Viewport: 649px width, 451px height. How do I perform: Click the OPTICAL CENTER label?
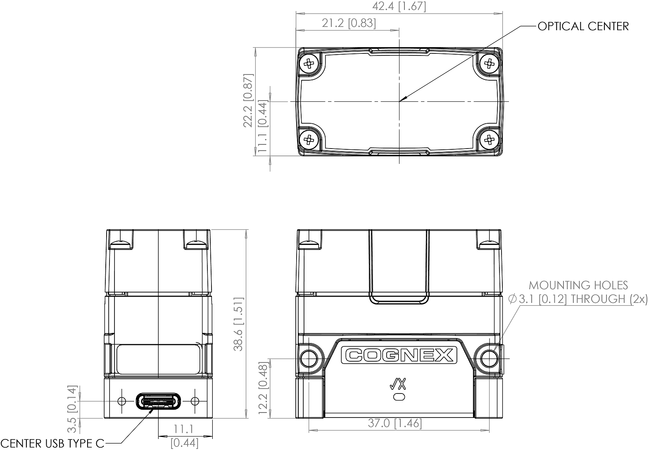[x=583, y=26]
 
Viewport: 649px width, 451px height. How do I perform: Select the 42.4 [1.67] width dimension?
[x=399, y=6]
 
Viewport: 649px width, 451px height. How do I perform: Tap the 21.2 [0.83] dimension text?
[x=349, y=23]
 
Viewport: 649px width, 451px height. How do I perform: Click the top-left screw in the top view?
[x=309, y=63]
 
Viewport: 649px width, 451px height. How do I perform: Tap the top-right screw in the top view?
[x=490, y=63]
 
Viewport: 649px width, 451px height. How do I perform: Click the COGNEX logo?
[x=399, y=355]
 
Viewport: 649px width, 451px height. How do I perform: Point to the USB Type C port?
[x=159, y=401]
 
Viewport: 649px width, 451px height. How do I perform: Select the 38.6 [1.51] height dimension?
[x=239, y=324]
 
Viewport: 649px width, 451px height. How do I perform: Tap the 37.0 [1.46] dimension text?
[x=395, y=423]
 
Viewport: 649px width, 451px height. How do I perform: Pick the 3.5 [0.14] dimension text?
[x=72, y=404]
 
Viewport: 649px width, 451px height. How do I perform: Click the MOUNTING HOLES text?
[x=578, y=285]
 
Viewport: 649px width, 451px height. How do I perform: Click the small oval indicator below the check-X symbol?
[x=399, y=397]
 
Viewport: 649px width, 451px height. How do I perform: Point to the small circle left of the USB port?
[x=122, y=401]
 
